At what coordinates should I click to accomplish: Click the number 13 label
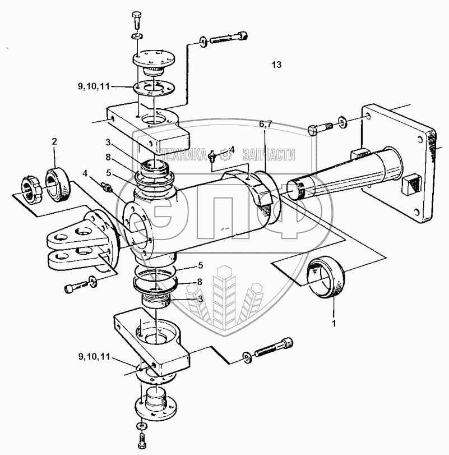276,65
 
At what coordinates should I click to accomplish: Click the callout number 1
334,323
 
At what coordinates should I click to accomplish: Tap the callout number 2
54,141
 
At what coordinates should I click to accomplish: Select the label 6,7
265,124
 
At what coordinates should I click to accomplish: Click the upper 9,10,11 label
94,86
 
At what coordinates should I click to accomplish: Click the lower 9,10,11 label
94,356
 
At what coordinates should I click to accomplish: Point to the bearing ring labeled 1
326,277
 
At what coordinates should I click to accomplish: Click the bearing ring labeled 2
57,185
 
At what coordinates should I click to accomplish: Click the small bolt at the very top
136,20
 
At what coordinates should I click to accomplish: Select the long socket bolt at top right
229,38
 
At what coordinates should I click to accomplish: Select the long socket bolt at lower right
274,347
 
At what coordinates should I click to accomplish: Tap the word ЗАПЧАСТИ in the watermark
269,155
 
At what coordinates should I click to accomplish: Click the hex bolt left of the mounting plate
320,128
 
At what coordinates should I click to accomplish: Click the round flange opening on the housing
138,231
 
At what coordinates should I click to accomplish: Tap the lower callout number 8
200,282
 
